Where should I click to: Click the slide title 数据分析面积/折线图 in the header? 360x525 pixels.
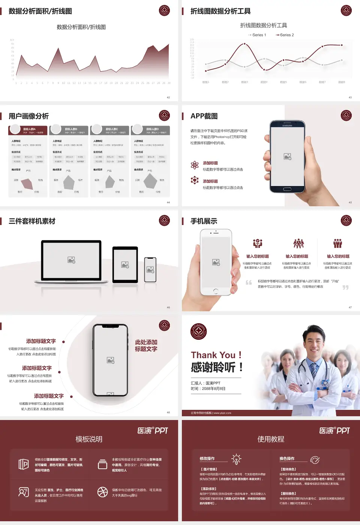tap(40, 11)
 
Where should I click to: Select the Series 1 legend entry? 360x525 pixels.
tap(258, 35)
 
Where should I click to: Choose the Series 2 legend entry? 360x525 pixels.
tap(285, 35)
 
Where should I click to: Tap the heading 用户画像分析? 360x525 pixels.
tap(29, 116)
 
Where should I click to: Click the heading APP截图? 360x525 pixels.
tap(204, 116)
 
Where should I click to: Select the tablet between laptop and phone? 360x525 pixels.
tap(125, 265)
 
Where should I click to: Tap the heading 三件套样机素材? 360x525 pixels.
tap(32, 221)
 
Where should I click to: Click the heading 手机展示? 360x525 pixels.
tap(204, 221)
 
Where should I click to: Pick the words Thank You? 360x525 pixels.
tap(213, 355)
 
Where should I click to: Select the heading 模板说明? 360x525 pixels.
tap(89, 439)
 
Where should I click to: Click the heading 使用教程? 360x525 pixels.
tap(271, 439)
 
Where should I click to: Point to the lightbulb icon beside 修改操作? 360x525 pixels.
tap(236, 459)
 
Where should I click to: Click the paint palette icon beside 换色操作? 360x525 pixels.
tap(315, 459)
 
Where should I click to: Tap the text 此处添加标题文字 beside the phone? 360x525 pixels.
tap(146, 345)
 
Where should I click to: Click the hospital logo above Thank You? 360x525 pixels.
tap(199, 331)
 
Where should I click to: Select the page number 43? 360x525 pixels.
tap(350, 97)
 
